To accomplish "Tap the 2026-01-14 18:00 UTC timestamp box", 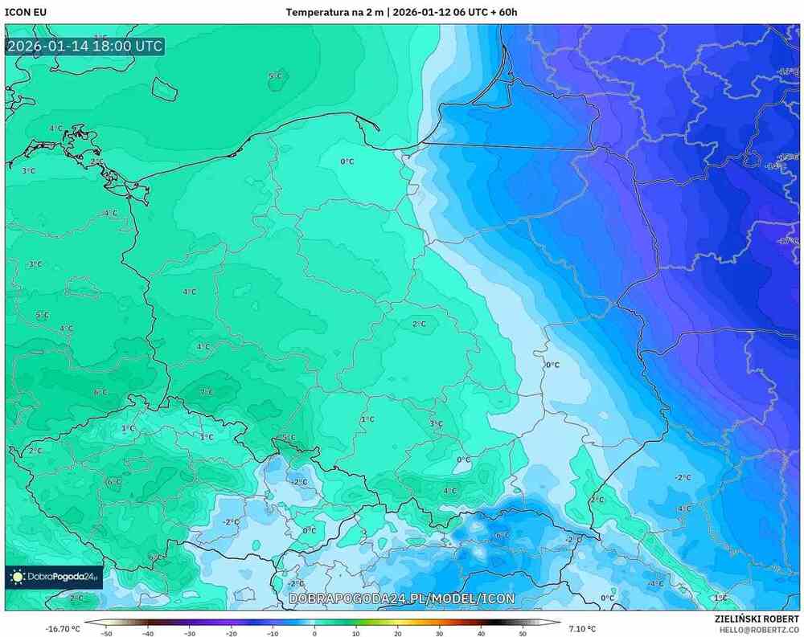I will (84, 46).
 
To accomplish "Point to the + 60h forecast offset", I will (502, 12).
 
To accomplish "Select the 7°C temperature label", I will (207, 391).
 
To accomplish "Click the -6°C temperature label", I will (502, 535).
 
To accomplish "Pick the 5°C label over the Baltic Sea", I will (275, 76).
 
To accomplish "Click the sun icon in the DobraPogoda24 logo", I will (17, 576).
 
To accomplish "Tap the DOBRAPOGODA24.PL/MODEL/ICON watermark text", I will (401, 598).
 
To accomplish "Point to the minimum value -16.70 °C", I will (63, 628).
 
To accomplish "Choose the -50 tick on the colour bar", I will (106, 634).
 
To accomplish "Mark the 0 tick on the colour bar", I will (314, 634).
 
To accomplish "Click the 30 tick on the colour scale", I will (439, 634).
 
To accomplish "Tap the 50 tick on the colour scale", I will (523, 634).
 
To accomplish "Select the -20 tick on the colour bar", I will (231, 634).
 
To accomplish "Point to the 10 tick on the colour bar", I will (356, 634).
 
